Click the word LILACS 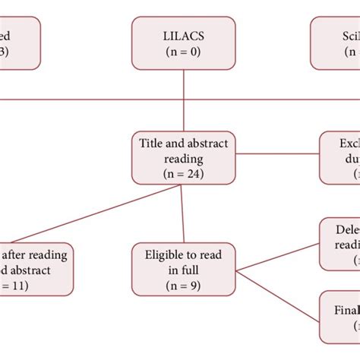(x=185, y=35)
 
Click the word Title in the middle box (x=152, y=142)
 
